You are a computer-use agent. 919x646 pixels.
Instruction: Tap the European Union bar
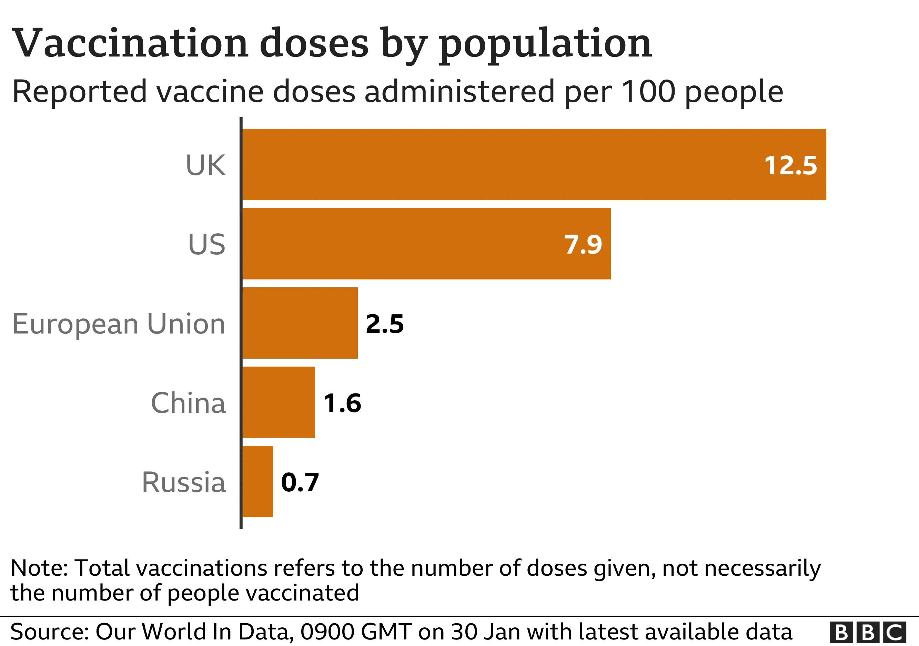[x=300, y=323]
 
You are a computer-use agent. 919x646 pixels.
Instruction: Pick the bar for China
[x=279, y=402]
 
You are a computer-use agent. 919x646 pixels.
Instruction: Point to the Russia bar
[x=257, y=481]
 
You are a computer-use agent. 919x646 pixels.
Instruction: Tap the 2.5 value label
[x=385, y=324]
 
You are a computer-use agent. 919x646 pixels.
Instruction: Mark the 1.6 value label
[x=342, y=403]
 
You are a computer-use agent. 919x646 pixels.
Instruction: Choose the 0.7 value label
[x=300, y=482]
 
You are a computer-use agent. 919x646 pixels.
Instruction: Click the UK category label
[x=205, y=165]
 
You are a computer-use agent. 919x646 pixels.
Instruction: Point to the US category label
[x=206, y=244]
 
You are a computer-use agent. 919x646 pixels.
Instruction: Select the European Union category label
[x=119, y=324]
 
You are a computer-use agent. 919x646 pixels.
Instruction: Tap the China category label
[x=188, y=403]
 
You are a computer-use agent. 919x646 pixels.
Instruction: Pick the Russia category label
[x=184, y=482]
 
